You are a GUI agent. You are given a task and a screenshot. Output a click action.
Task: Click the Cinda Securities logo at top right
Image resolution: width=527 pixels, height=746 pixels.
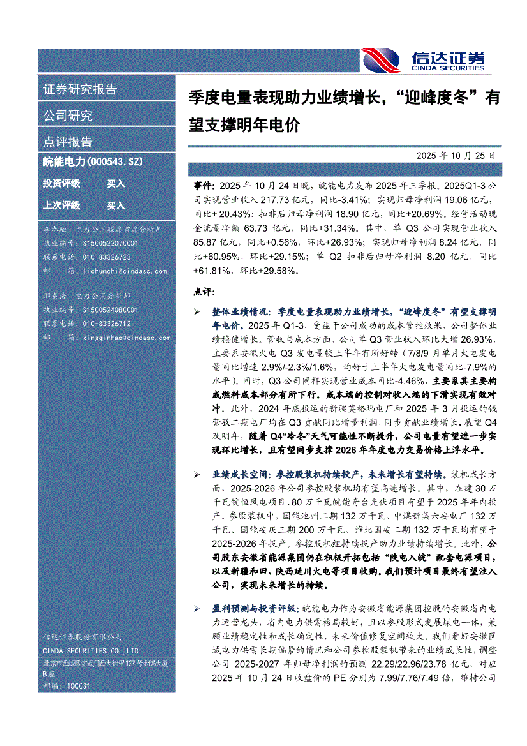point(423,61)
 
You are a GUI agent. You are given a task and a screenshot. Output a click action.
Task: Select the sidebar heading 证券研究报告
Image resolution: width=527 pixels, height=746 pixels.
point(80,89)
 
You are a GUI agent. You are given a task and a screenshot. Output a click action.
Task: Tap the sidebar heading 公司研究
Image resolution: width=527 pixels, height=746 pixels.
point(68,116)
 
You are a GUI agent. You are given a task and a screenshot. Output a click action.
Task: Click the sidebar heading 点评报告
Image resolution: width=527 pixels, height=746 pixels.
point(68,142)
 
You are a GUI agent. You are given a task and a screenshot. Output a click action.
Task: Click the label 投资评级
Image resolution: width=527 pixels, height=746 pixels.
point(61,184)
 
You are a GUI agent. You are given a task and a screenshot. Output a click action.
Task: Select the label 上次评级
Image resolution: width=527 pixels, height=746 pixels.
point(61,205)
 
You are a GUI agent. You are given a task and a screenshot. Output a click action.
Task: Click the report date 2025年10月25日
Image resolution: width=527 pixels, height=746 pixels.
point(456,155)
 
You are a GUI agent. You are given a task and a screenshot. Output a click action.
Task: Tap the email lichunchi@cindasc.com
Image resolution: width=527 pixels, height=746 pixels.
point(125,271)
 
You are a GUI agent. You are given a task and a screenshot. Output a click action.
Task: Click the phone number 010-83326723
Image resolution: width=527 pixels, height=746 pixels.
point(107,257)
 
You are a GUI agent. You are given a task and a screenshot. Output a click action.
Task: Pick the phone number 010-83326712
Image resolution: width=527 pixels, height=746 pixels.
point(107,324)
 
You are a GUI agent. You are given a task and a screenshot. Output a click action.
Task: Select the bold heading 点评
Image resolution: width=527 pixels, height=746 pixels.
point(202,292)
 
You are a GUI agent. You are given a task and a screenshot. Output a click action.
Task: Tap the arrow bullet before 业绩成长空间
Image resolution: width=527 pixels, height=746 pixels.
point(197,475)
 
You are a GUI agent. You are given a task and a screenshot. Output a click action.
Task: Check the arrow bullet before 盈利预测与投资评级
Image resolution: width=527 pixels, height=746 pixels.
point(197,609)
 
